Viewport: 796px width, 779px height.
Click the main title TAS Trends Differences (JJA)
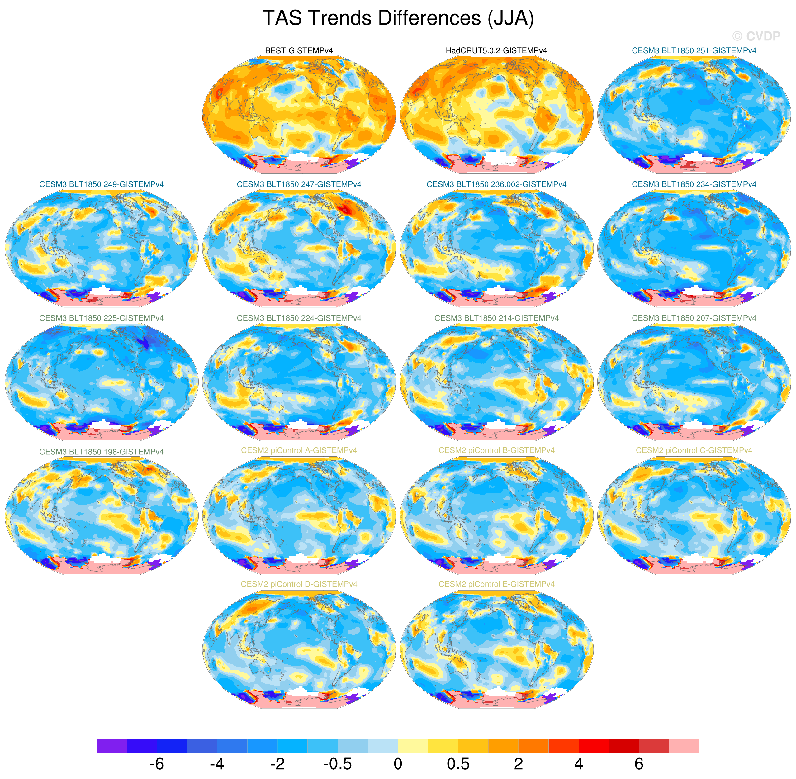click(x=398, y=18)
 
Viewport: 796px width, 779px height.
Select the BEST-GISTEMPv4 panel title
click(x=299, y=51)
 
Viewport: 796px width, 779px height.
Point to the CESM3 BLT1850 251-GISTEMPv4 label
click(x=694, y=51)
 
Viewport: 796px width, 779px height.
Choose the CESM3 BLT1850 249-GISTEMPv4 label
click(x=102, y=184)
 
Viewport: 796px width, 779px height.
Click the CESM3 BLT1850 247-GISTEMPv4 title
click(x=299, y=184)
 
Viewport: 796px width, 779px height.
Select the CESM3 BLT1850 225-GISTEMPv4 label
click(x=102, y=318)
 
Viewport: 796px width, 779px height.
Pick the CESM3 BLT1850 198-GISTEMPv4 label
click(x=102, y=452)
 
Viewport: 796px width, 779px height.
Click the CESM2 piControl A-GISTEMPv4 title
click(x=299, y=450)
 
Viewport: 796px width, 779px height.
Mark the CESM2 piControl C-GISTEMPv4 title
click(x=694, y=450)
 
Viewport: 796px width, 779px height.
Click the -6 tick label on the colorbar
click(x=157, y=763)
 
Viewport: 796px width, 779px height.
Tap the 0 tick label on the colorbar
click(x=398, y=763)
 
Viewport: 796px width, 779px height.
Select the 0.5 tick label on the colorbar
click(x=458, y=763)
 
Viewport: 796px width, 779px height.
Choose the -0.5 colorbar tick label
click(x=338, y=763)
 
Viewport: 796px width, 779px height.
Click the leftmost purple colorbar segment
click(x=112, y=746)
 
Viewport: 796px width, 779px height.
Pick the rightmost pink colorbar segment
click(x=684, y=746)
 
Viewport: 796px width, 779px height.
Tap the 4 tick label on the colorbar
click(x=578, y=763)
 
